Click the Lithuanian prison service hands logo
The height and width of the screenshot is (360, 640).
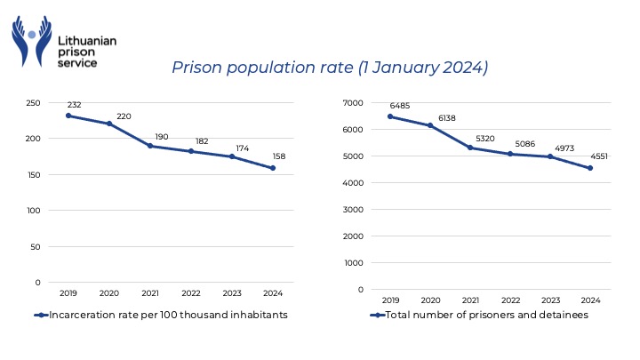[x=33, y=41]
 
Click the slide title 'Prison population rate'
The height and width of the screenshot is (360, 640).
[x=329, y=68]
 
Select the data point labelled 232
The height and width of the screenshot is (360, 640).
[x=68, y=116]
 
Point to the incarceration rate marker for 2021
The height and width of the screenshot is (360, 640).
[x=150, y=146]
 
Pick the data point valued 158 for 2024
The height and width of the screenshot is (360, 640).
[x=273, y=168]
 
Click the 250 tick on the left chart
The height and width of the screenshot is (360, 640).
[x=32, y=103]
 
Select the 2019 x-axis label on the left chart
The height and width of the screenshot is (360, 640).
[x=68, y=292]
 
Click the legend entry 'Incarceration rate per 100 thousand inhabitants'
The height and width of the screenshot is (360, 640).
[x=162, y=315]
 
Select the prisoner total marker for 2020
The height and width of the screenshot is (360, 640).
[x=431, y=125]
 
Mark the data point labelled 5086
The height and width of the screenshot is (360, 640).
[x=510, y=154]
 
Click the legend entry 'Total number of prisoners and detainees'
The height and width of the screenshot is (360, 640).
[x=481, y=315]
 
